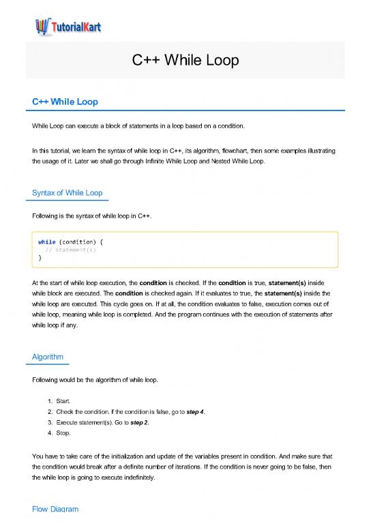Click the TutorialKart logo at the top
(x=67, y=27)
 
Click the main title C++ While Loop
(x=186, y=62)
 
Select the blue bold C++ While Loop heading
(x=65, y=102)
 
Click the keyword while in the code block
(x=47, y=241)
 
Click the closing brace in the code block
(x=40, y=258)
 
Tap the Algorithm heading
(x=50, y=357)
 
